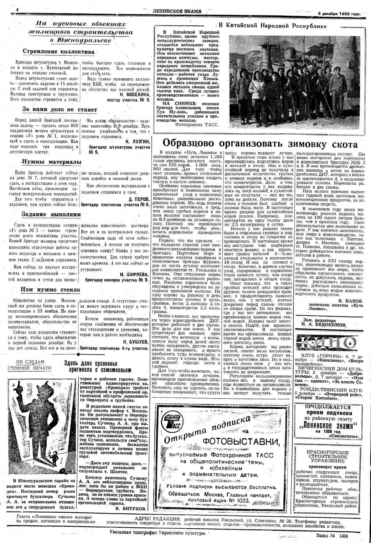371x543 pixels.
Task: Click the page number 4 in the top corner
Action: point(17,10)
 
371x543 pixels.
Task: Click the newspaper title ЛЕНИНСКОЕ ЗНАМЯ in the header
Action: point(177,12)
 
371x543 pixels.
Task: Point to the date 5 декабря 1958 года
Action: point(339,13)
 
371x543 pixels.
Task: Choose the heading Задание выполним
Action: point(51,215)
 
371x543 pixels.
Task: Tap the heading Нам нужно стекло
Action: point(50,290)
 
